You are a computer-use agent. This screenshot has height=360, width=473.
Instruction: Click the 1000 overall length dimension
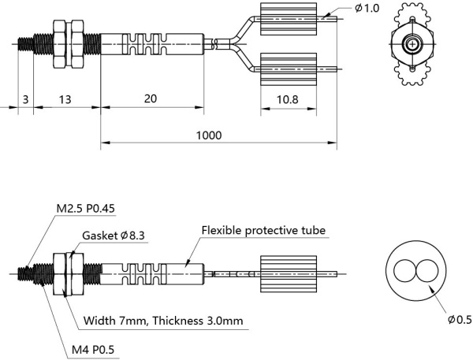pos(208,135)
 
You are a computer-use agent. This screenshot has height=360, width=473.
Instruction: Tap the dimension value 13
pos(65,99)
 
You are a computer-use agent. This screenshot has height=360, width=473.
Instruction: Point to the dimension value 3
pos(25,99)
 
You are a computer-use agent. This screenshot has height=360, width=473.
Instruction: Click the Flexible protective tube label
pos(263,230)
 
